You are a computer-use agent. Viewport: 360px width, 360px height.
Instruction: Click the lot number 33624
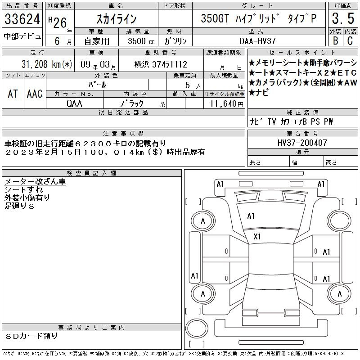(22, 18)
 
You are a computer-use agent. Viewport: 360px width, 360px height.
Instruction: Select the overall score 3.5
(343, 18)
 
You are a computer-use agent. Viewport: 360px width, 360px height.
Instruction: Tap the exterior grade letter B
(335, 40)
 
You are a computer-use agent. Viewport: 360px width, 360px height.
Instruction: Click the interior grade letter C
(350, 40)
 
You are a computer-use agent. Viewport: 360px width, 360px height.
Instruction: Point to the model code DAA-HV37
(257, 41)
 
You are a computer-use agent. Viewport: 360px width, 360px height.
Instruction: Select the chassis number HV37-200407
(302, 143)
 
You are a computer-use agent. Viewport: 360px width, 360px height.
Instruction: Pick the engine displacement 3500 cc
(141, 41)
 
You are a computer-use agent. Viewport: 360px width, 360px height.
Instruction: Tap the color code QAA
(74, 103)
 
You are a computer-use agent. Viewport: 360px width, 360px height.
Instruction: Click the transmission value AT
(13, 94)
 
